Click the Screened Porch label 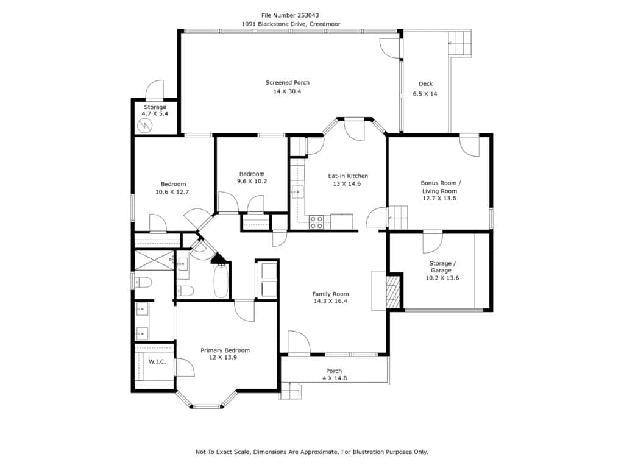288,83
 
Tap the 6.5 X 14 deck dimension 425,94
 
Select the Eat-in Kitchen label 348,176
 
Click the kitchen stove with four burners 316,222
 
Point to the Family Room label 330,294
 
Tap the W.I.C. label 157,362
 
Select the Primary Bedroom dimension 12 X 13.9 223,357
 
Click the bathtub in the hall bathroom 221,281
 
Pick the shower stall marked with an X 154,260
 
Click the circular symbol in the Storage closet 145,126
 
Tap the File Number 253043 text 290,15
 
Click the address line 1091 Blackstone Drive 291,24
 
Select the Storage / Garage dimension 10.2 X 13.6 442,278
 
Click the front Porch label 334,371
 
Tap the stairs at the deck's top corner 461,44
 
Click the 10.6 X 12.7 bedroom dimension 172,192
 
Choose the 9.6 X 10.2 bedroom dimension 252,182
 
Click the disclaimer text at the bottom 311,452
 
